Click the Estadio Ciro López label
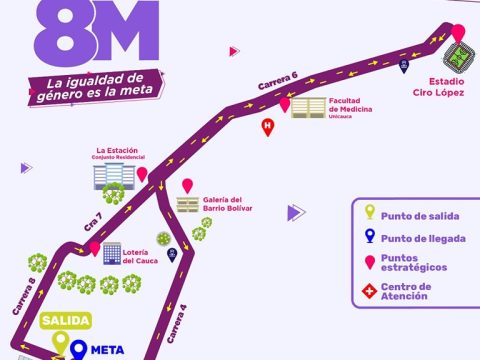pyautogui.click(x=438, y=87)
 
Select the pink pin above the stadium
pyautogui.click(x=458, y=33)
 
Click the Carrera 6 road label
pyautogui.click(x=278, y=81)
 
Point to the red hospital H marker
pyautogui.click(x=268, y=127)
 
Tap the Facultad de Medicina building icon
pyautogui.click(x=308, y=108)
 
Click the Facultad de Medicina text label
pyautogui.click(x=350, y=108)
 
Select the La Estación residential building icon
pyautogui.click(x=114, y=176)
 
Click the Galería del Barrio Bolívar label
pyautogui.click(x=228, y=204)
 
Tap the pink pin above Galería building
pyautogui.click(x=187, y=186)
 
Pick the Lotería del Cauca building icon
pyautogui.click(x=112, y=254)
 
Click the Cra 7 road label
pyautogui.click(x=93, y=222)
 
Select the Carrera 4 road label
pyautogui.click(x=177, y=324)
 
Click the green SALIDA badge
pyautogui.click(x=66, y=320)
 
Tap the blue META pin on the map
pyautogui.click(x=78, y=349)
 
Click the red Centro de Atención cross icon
pyautogui.click(x=370, y=291)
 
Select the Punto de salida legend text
pyautogui.click(x=420, y=216)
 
